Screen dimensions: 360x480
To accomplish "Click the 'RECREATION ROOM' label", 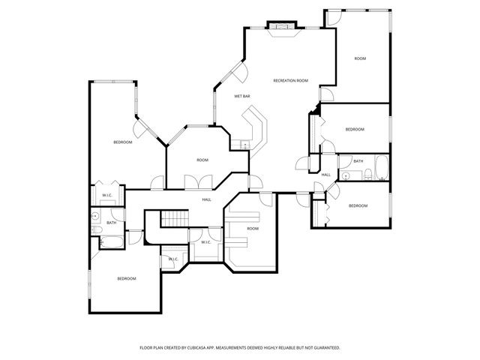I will tap(291, 80).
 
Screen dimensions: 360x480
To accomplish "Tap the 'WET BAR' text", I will tap(241, 96).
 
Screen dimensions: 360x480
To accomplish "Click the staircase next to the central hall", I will tap(175, 218).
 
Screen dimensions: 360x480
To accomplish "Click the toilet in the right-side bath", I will tap(368, 175).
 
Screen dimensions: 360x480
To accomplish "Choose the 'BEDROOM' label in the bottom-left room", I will tap(126, 279).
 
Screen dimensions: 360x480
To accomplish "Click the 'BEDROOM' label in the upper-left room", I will tap(123, 142).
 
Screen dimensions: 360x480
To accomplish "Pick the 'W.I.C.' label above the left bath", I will tap(107, 196).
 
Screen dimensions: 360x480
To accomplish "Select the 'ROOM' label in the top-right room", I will tap(360, 58).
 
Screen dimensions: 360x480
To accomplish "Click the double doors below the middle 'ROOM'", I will tap(202, 181).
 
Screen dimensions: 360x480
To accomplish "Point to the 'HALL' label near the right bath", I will tap(326, 175).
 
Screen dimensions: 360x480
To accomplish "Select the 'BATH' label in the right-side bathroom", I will tap(358, 161).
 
